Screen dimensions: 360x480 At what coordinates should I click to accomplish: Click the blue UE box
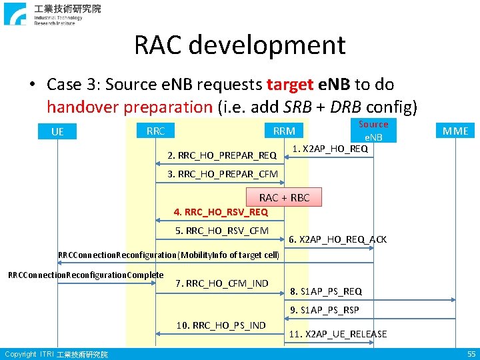(x=57, y=131)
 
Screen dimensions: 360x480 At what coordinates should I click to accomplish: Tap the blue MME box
(x=456, y=131)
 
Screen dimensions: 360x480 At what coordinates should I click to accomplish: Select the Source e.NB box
(x=373, y=131)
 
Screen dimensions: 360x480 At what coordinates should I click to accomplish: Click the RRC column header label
(x=155, y=131)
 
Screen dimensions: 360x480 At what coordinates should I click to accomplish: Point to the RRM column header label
(x=284, y=131)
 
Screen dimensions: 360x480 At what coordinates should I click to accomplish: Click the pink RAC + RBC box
(x=284, y=197)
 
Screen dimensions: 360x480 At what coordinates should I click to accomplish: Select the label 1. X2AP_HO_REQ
(x=331, y=149)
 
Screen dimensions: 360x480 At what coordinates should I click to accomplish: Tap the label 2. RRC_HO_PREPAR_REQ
(x=222, y=155)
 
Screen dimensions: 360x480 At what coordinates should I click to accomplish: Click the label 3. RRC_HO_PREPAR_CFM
(x=222, y=175)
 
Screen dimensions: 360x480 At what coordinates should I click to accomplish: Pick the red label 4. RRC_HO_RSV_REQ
(x=221, y=212)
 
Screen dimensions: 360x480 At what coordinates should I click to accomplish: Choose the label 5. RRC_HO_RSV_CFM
(x=222, y=231)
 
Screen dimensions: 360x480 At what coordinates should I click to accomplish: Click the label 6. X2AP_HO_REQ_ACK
(x=338, y=239)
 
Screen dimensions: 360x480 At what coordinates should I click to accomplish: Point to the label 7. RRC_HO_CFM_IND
(x=222, y=283)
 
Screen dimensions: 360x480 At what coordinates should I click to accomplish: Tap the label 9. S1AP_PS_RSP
(x=325, y=310)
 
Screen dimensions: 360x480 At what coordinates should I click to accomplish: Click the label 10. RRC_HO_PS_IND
(x=221, y=325)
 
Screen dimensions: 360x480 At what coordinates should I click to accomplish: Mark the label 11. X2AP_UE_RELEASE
(x=338, y=334)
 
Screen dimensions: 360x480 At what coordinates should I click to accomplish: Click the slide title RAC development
(x=240, y=45)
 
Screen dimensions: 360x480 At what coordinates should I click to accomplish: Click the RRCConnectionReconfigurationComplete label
(x=85, y=275)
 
